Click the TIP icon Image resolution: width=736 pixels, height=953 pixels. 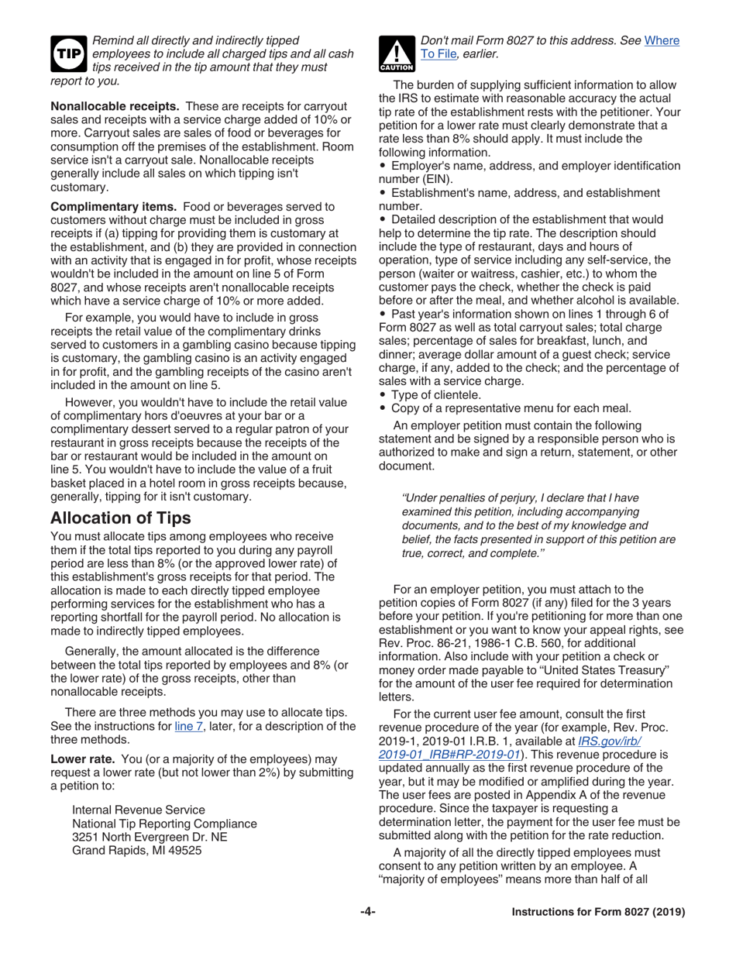tap(68, 53)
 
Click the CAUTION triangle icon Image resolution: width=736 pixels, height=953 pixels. tap(396, 55)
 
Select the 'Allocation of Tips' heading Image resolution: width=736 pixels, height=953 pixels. tap(120, 518)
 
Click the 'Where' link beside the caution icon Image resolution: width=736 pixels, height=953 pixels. tap(662, 40)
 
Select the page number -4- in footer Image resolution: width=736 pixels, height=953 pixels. tap(367, 912)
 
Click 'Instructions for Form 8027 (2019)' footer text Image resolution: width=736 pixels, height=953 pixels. tap(598, 912)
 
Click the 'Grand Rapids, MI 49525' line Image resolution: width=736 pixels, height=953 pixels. tap(136, 850)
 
